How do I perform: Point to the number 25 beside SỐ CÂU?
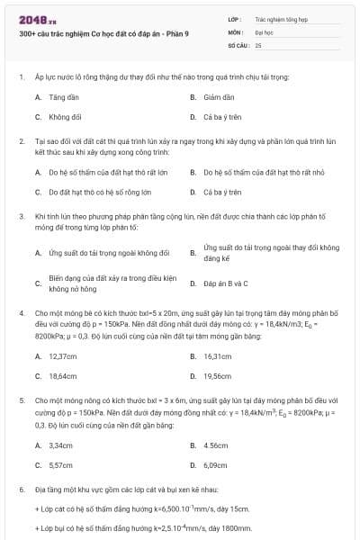point(258,43)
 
